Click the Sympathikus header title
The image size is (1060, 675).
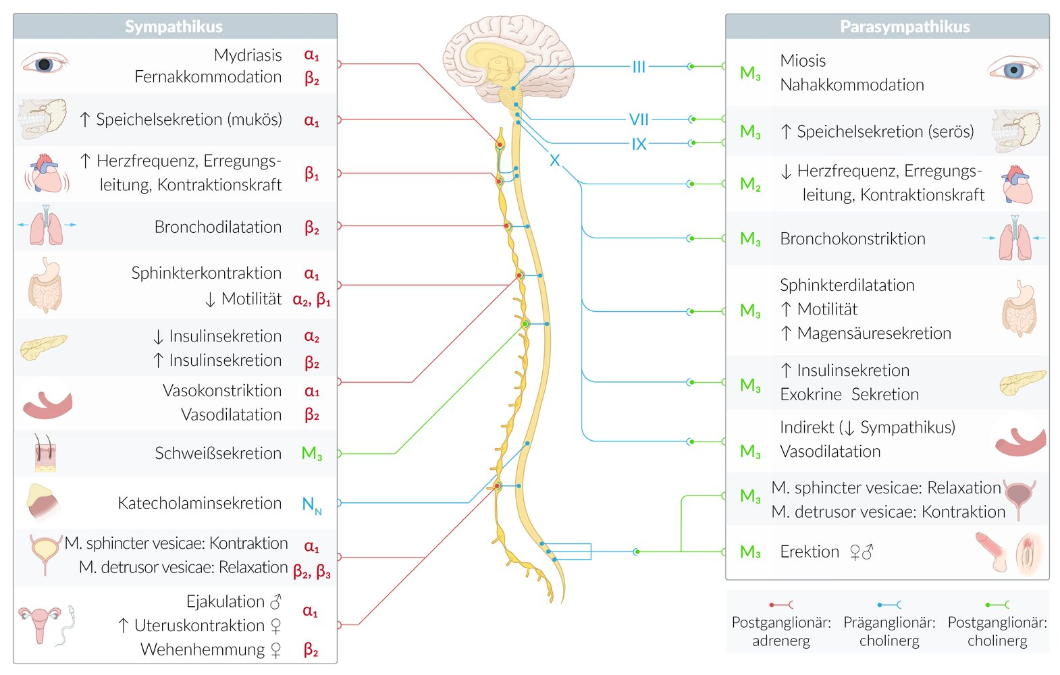174,26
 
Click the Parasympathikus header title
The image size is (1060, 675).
905,26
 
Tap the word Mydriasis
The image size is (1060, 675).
248,55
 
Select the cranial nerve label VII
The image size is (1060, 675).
639,119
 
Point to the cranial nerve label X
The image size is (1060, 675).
554,161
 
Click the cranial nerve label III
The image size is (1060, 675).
639,67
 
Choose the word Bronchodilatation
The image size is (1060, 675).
217,227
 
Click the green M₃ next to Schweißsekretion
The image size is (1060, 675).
311,454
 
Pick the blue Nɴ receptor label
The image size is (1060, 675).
311,504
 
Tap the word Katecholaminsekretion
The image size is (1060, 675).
199,503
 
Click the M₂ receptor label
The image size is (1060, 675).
750,184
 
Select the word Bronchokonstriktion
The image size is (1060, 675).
852,238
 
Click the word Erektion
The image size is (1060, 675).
809,551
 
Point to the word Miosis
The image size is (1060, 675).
803,61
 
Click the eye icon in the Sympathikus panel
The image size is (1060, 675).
44,64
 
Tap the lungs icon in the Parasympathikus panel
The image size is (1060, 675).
1015,239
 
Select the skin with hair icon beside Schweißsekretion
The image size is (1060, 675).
45,452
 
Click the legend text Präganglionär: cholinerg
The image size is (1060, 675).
889,631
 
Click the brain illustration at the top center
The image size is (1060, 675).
506,57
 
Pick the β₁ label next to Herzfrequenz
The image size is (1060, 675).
311,173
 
